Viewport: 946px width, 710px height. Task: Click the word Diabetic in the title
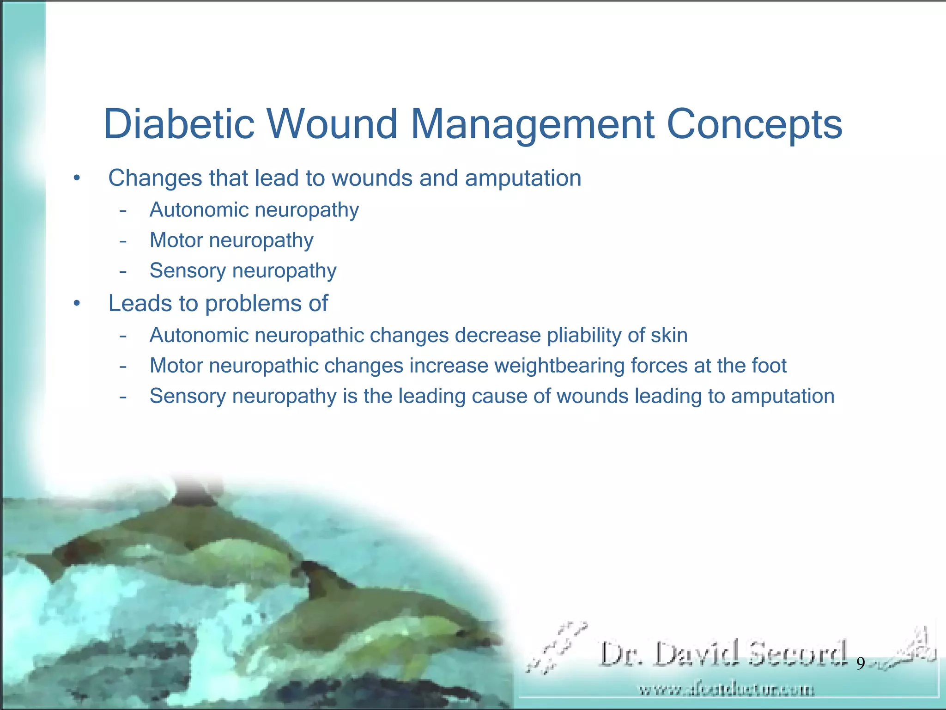click(x=179, y=124)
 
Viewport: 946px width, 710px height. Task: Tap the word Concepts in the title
click(x=755, y=124)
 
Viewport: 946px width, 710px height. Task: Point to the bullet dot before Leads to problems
click(x=77, y=304)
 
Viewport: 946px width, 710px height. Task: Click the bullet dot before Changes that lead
click(x=77, y=178)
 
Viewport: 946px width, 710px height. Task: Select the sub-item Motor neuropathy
click(x=231, y=240)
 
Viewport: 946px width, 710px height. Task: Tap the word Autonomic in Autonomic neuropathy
click(x=199, y=210)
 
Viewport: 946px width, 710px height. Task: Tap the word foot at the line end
click(x=769, y=366)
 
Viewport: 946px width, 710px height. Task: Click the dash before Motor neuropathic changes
click(x=123, y=366)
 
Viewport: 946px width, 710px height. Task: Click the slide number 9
click(x=861, y=664)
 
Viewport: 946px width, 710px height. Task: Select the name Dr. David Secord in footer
click(x=723, y=654)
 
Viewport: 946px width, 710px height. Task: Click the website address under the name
click(x=726, y=690)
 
